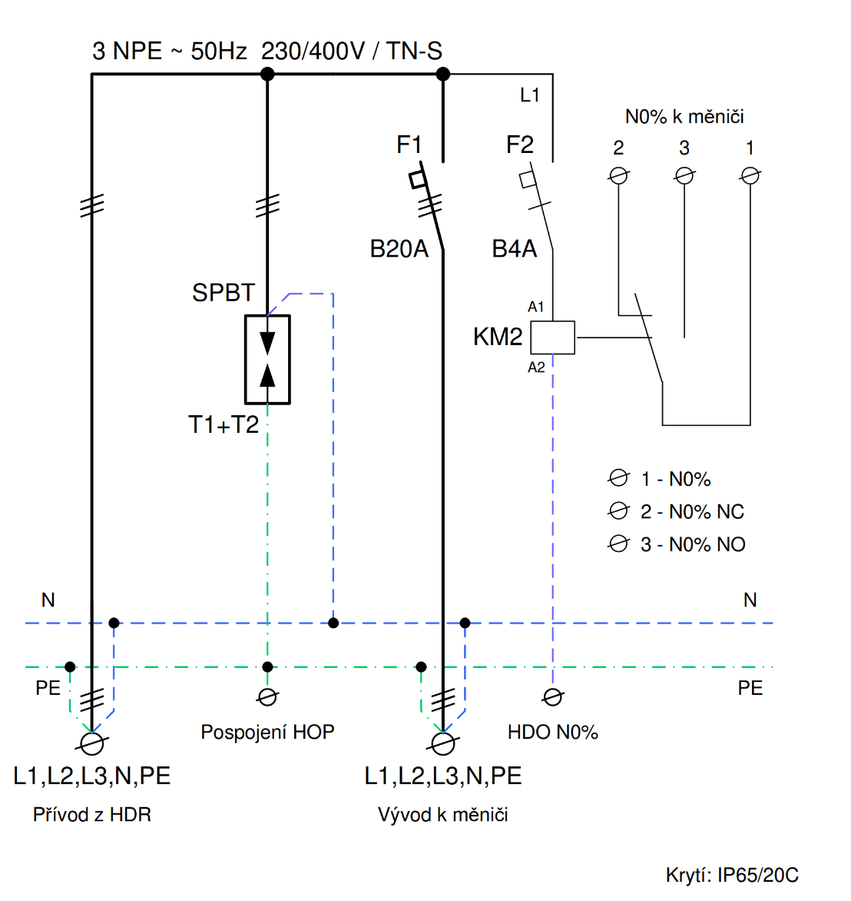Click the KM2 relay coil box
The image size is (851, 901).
coord(553,337)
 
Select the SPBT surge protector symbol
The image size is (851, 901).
coord(267,359)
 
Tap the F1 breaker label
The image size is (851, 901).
coord(409,145)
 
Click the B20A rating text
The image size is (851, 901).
coord(399,249)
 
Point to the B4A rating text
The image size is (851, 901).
coord(514,249)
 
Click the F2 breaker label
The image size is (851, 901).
coord(519,145)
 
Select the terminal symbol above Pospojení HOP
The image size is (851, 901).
coord(267,697)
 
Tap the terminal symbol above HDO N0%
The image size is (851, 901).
coord(552,697)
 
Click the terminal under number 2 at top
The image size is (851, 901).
coord(618,176)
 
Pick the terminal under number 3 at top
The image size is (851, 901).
coord(684,176)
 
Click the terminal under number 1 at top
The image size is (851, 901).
coord(750,176)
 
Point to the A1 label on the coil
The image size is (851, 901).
coord(536,307)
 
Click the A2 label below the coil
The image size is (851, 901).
coord(536,367)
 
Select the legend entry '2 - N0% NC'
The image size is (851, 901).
coord(692,512)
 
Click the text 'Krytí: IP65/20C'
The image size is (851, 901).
coord(732,875)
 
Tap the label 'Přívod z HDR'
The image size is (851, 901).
coord(92,815)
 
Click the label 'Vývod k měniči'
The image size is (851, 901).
coord(443,815)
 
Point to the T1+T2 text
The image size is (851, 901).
coord(224,424)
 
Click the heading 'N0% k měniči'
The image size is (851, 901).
coord(684,117)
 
